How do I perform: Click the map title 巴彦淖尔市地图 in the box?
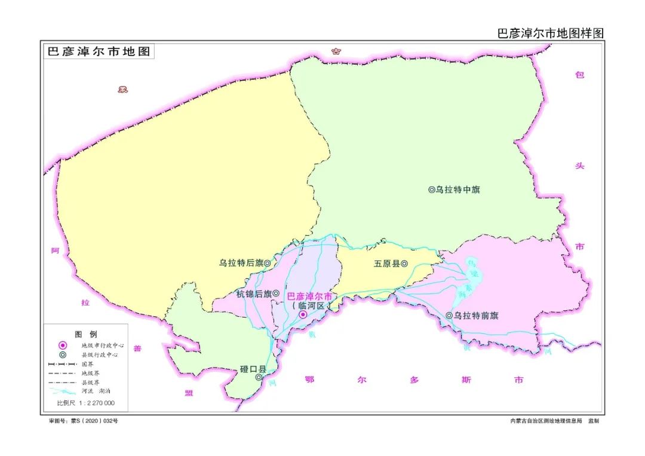tap(99, 51)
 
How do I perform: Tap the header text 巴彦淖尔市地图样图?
tap(551, 33)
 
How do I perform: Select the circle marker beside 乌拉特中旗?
tap(431, 190)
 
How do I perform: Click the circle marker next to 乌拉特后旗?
tap(268, 263)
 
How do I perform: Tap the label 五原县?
tap(386, 263)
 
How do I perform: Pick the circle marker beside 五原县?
tap(404, 263)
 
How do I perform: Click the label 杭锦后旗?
tap(254, 294)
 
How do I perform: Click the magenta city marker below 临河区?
tap(303, 315)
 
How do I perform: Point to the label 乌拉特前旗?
tap(476, 315)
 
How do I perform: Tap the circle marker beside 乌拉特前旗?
tap(449, 315)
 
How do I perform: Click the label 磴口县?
tap(253, 369)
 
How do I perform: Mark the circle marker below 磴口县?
tap(259, 377)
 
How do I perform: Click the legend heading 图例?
tap(85, 334)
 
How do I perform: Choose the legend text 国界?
tap(87, 363)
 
